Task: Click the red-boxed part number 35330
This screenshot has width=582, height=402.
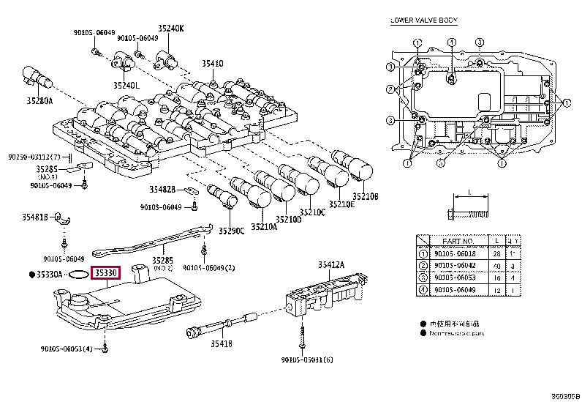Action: (x=104, y=273)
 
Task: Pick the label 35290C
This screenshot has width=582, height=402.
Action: (x=231, y=231)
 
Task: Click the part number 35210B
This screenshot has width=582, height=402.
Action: (x=366, y=196)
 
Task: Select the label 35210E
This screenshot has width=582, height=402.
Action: (x=341, y=204)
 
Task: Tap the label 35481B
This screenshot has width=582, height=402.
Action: (x=34, y=217)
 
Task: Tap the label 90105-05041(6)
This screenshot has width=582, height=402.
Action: (x=306, y=360)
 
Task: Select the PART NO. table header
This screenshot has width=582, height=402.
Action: (x=458, y=240)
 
